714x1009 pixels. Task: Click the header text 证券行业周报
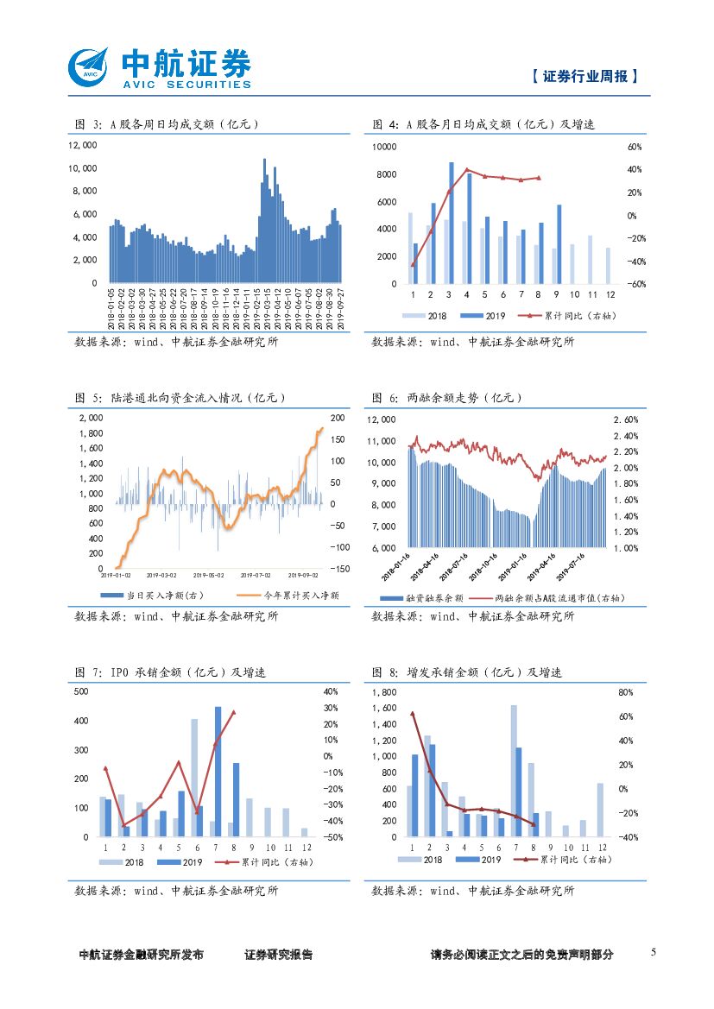pos(585,76)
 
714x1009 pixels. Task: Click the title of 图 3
pos(167,124)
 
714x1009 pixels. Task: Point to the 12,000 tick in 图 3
pos(83,146)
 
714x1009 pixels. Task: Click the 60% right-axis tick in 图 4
pos(635,148)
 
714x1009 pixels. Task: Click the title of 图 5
pos(179,398)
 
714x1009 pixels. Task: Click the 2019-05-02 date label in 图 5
pos(208,574)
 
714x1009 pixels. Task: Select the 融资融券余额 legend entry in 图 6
pos(424,597)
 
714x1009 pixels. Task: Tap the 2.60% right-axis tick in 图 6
pos(626,419)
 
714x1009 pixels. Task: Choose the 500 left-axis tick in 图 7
pos(81,692)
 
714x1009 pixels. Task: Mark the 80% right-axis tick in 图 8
pos(627,692)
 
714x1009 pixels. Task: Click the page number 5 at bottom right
pos(654,952)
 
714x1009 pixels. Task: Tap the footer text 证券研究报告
pos(279,955)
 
